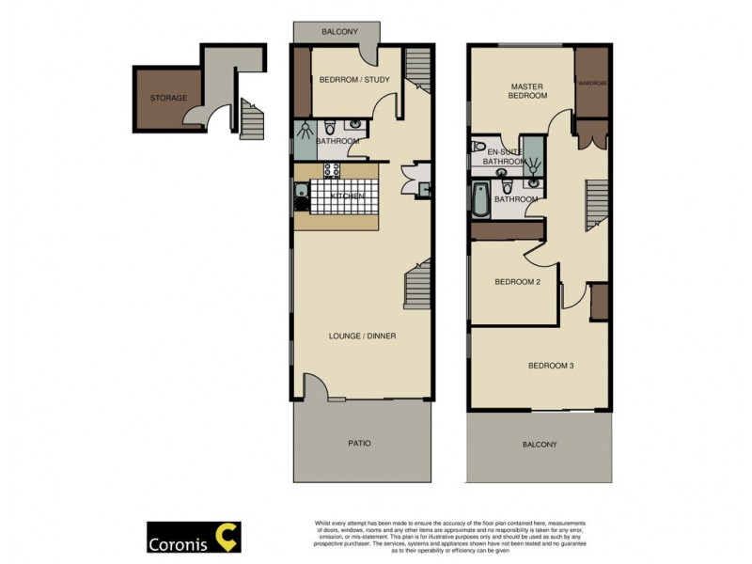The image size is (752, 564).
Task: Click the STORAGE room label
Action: coord(168,98)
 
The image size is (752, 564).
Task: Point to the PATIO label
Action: coord(359,443)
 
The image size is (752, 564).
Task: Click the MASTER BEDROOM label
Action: coord(527,90)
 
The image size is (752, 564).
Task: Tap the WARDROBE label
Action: coord(592,83)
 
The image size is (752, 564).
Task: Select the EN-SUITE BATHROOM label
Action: coord(503,156)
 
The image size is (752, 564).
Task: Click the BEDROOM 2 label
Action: coord(517,281)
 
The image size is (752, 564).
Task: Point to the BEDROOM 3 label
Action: coord(550,366)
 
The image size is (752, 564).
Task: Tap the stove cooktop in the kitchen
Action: coord(332,171)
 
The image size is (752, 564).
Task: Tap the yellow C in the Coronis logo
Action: coord(225,538)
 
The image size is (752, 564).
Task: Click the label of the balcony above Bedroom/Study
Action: coord(339,31)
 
